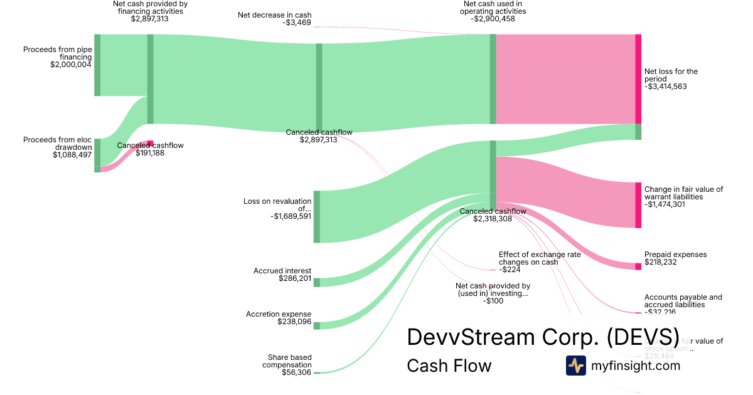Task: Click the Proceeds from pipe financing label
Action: [57, 53]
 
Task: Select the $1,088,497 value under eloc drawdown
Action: [72, 155]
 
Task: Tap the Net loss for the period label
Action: [671, 75]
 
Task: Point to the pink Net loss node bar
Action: [638, 79]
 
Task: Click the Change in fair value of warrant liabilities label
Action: [683, 192]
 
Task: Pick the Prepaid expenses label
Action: [675, 255]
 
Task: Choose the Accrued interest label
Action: [282, 271]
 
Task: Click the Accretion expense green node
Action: [317, 325]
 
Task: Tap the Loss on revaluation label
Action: [277, 205]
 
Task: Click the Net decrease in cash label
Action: [274, 15]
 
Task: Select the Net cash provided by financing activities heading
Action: [150, 8]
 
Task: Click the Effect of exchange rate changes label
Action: [539, 258]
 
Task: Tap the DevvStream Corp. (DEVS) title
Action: [543, 336]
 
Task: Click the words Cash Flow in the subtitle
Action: [449, 366]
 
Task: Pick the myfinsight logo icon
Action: [575, 366]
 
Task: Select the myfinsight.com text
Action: [636, 366]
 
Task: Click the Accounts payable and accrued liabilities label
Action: [683, 301]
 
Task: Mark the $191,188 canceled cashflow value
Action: [150, 153]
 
